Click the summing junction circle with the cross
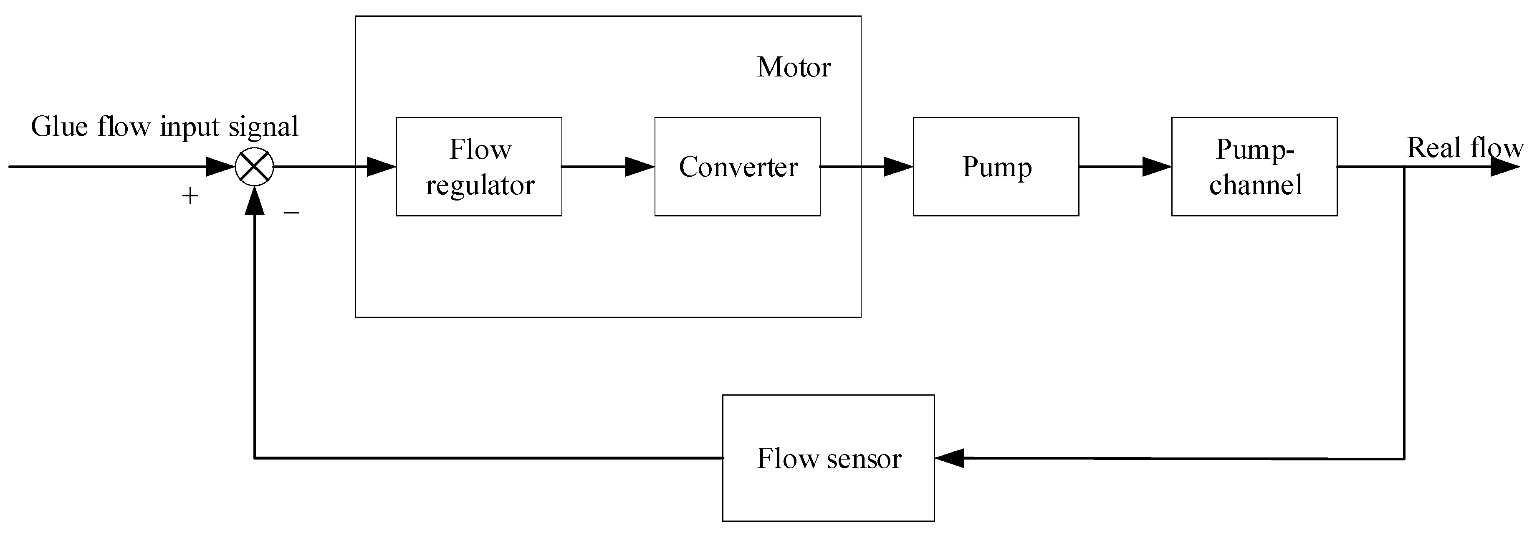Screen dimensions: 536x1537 click(254, 167)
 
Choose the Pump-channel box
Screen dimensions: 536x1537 click(1254, 167)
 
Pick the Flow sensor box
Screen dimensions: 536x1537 click(828, 458)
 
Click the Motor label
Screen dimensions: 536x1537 click(794, 67)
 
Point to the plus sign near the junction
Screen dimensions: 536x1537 click(190, 196)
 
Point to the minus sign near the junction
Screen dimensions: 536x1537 click(291, 212)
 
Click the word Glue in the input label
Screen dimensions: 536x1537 click(59, 127)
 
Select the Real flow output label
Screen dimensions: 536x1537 click(1465, 147)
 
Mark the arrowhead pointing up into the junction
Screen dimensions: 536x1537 click(255, 201)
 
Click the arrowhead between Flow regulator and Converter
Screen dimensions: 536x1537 click(639, 167)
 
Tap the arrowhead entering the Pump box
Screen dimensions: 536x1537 click(898, 167)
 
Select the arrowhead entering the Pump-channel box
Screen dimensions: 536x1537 click(1156, 167)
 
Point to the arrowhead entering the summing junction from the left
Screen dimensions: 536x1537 click(220, 167)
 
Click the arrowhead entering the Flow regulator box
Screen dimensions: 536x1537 click(381, 167)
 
